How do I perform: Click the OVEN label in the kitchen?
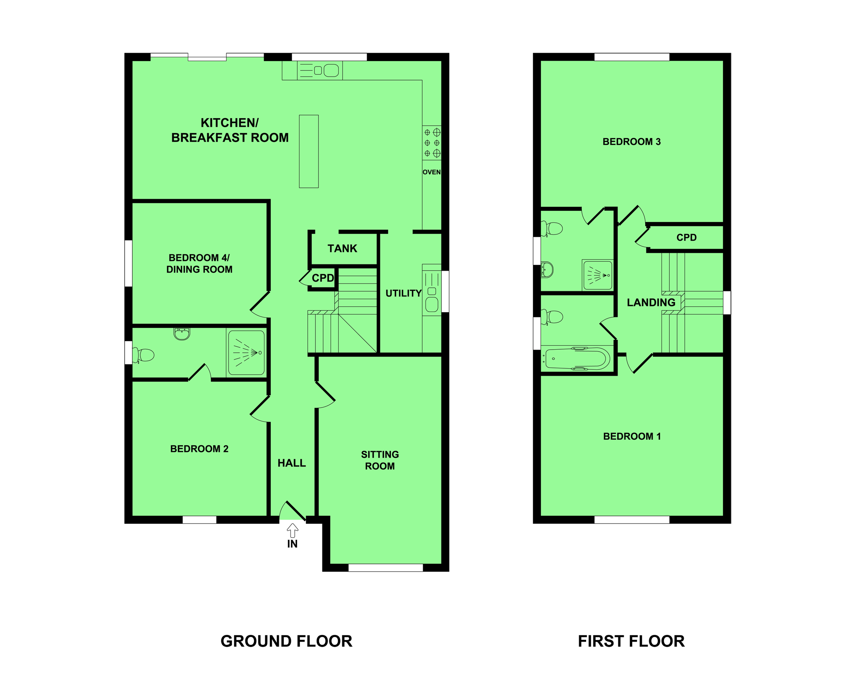pyautogui.click(x=431, y=172)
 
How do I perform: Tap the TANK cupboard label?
pyautogui.click(x=342, y=248)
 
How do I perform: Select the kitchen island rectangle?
pyautogui.click(x=308, y=151)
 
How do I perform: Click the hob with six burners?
pyautogui.click(x=431, y=143)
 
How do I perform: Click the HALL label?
pyautogui.click(x=292, y=463)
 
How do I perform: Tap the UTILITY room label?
pyautogui.click(x=403, y=293)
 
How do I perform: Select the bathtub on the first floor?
pyautogui.click(x=577, y=359)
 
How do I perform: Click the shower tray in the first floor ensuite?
pyautogui.click(x=597, y=275)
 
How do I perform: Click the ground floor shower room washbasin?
pyautogui.click(x=182, y=334)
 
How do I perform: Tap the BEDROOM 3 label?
pyautogui.click(x=632, y=142)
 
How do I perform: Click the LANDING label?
pyautogui.click(x=651, y=303)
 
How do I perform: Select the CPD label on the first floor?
pyautogui.click(x=686, y=238)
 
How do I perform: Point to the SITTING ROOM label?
pyautogui.click(x=380, y=460)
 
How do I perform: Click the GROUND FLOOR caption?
pyautogui.click(x=286, y=641)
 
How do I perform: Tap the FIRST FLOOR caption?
pyautogui.click(x=631, y=641)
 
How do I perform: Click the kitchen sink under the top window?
pyautogui.click(x=320, y=70)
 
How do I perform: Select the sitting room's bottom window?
pyautogui.click(x=385, y=568)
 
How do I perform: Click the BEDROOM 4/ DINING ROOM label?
pyautogui.click(x=199, y=263)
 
